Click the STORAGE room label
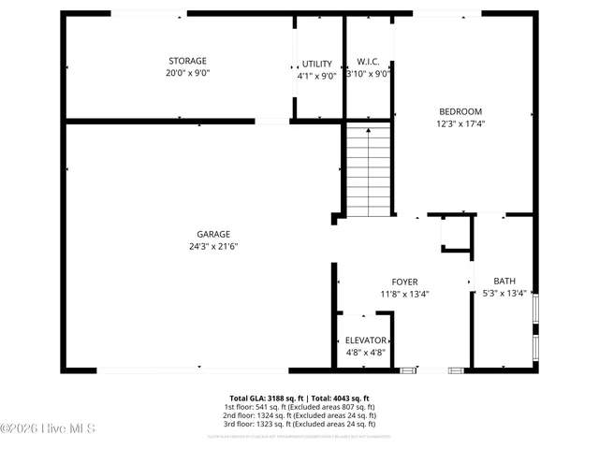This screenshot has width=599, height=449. point(187,61)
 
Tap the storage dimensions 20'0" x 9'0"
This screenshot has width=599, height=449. point(187,73)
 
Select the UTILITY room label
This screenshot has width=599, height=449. point(316,64)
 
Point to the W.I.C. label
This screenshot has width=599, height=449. point(368,61)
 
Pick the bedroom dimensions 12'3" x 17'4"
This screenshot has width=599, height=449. point(460,123)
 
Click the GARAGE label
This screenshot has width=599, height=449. point(213,235)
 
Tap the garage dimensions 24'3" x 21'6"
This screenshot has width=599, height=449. point(213,247)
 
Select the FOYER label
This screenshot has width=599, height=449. point(404,282)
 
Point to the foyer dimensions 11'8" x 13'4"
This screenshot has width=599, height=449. point(404,294)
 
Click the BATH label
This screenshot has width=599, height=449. point(504,281)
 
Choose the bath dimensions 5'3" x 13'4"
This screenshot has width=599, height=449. point(504,293)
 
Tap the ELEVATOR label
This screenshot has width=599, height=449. point(365,340)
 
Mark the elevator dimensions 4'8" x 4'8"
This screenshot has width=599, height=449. point(365,352)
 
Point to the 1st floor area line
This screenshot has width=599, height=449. point(299,407)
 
